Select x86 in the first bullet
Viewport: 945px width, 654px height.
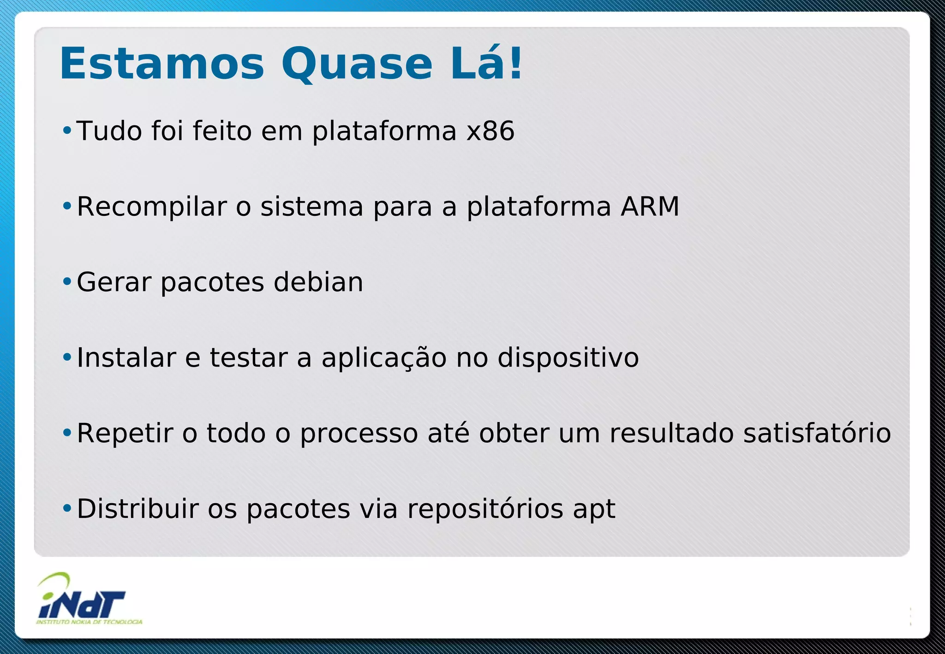click(490, 131)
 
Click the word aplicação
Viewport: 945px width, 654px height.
click(384, 358)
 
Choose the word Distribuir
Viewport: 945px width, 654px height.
click(138, 509)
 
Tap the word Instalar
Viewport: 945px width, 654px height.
click(126, 358)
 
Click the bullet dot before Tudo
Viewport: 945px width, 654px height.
click(67, 131)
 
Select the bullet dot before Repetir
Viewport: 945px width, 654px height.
click(67, 433)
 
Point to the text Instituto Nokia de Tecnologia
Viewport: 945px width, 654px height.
click(89, 622)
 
